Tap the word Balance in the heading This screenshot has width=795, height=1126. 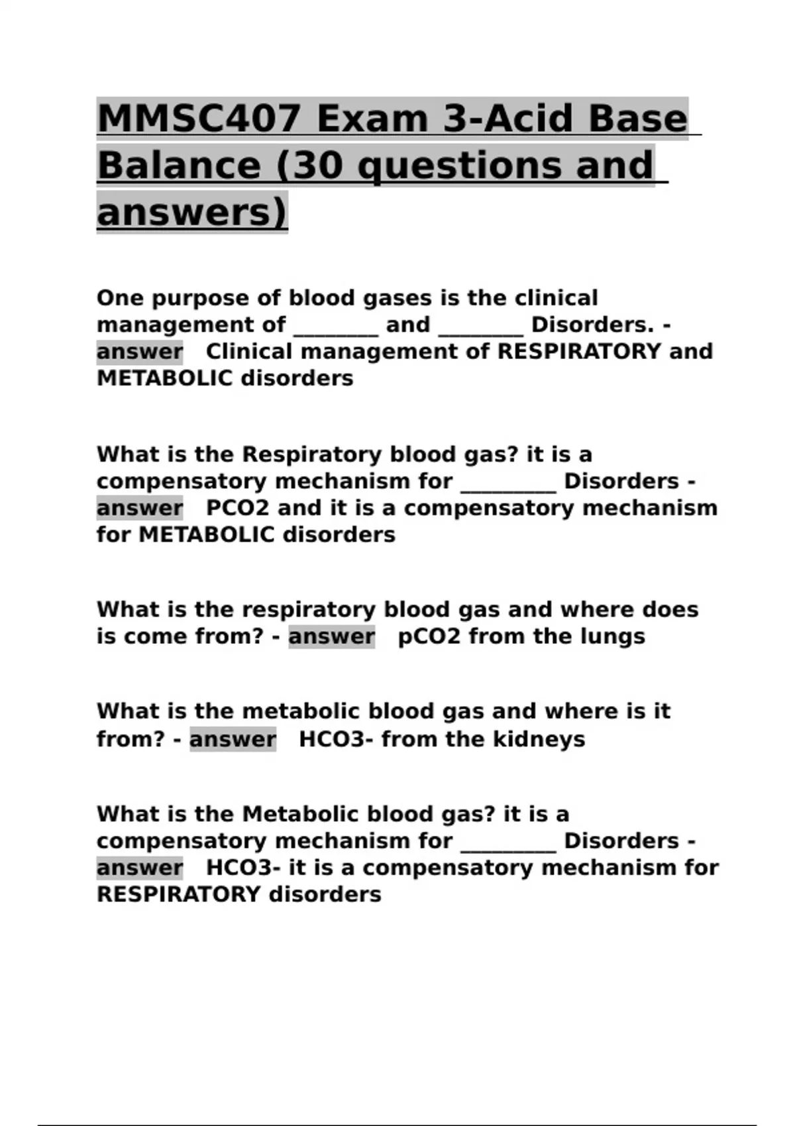[179, 166]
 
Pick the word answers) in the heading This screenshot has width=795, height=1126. [192, 213]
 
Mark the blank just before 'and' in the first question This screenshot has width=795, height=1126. [335, 327]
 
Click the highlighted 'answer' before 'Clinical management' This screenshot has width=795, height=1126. [140, 352]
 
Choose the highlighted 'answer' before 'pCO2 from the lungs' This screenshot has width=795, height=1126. [331, 637]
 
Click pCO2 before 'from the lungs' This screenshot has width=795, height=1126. [428, 637]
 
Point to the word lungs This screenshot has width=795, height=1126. [612, 637]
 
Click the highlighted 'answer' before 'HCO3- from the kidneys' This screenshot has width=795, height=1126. [233, 739]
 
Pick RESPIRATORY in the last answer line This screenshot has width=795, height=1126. [178, 895]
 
